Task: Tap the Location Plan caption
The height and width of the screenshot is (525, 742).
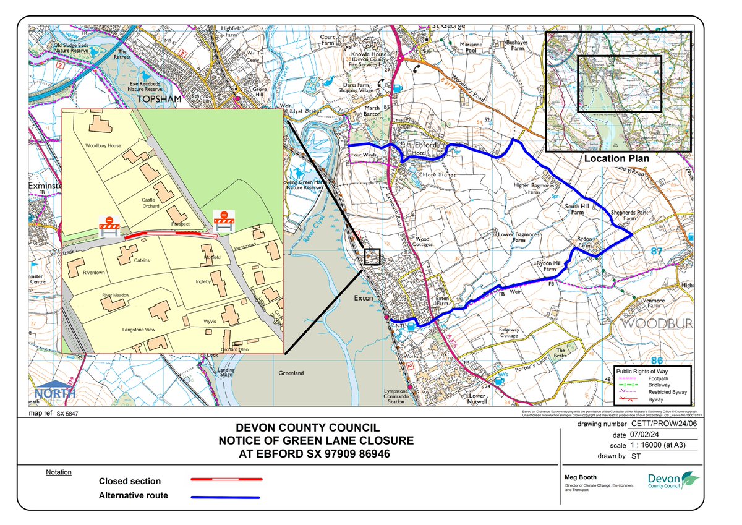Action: point(616,158)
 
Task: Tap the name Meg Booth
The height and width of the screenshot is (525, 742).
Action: point(581,477)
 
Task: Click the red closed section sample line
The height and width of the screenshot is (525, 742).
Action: point(226,479)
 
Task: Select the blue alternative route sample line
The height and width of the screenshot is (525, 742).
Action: point(226,497)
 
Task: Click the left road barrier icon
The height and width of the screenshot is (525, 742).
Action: point(109,227)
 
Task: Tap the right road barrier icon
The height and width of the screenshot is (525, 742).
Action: point(223,221)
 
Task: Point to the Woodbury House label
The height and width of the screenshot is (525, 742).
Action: point(103,146)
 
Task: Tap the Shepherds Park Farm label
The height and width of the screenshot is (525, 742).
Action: point(623,215)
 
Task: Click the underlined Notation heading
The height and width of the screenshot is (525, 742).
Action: point(59,472)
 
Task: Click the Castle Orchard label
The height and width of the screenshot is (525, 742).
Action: point(151,203)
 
